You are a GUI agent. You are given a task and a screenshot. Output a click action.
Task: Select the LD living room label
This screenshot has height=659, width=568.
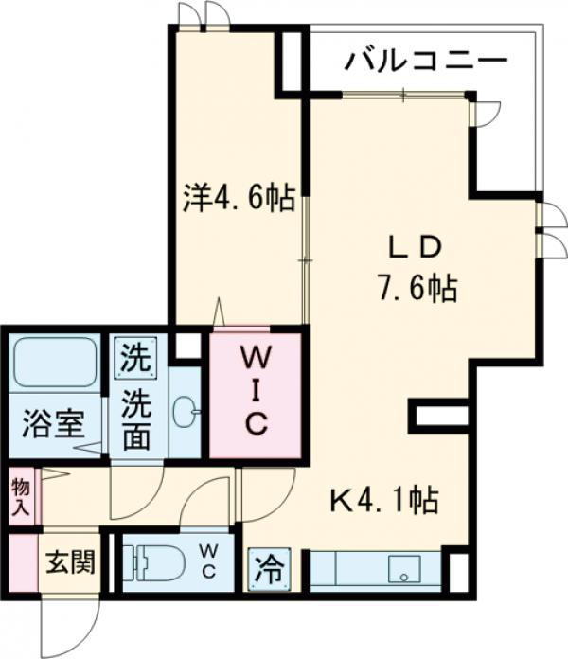[414, 248]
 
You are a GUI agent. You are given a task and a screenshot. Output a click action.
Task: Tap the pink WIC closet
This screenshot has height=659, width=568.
[255, 393]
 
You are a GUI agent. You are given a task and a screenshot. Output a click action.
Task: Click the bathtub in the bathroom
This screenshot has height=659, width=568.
[55, 362]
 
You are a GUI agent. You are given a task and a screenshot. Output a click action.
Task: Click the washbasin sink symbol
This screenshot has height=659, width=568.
[186, 410]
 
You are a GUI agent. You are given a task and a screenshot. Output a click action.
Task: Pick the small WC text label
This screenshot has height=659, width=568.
[209, 562]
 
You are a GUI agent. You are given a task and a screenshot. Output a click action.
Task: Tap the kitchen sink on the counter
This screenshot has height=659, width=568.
[406, 570]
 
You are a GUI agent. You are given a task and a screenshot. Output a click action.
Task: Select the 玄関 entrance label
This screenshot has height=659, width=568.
[68, 563]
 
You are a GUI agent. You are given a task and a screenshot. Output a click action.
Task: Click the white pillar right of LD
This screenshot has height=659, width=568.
[441, 416]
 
